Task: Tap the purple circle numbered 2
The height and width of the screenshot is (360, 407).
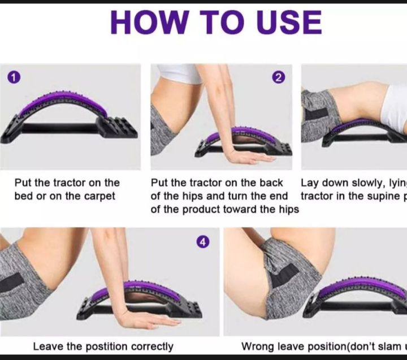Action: click(x=278, y=78)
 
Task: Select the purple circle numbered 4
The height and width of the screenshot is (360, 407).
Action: click(x=202, y=242)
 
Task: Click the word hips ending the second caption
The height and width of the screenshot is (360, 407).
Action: click(x=287, y=210)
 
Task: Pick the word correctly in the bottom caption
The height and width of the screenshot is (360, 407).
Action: click(x=152, y=346)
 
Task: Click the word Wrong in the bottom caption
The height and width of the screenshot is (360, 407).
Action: click(x=255, y=346)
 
